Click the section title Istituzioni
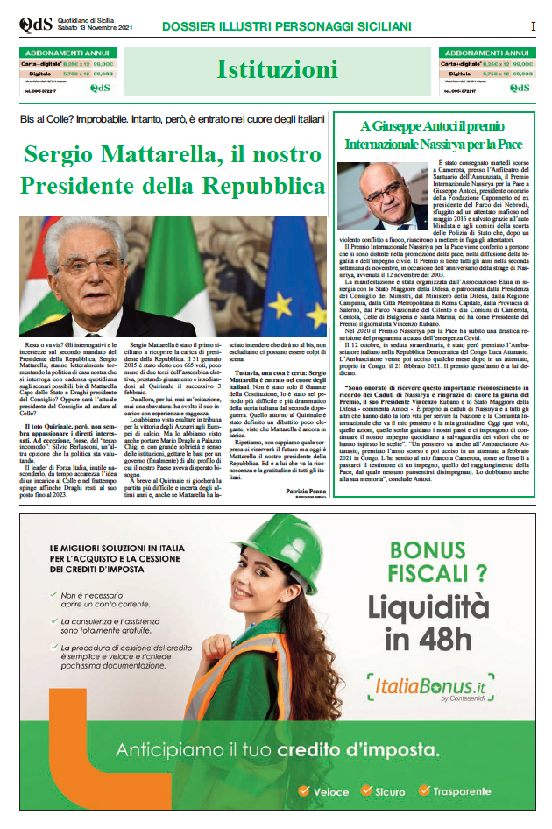point(277,69)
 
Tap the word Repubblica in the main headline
point(253,187)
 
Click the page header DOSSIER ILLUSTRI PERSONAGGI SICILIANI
point(287,26)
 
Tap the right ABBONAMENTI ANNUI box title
point(487,53)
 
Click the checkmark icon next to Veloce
point(303,791)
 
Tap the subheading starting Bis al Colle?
point(173,118)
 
